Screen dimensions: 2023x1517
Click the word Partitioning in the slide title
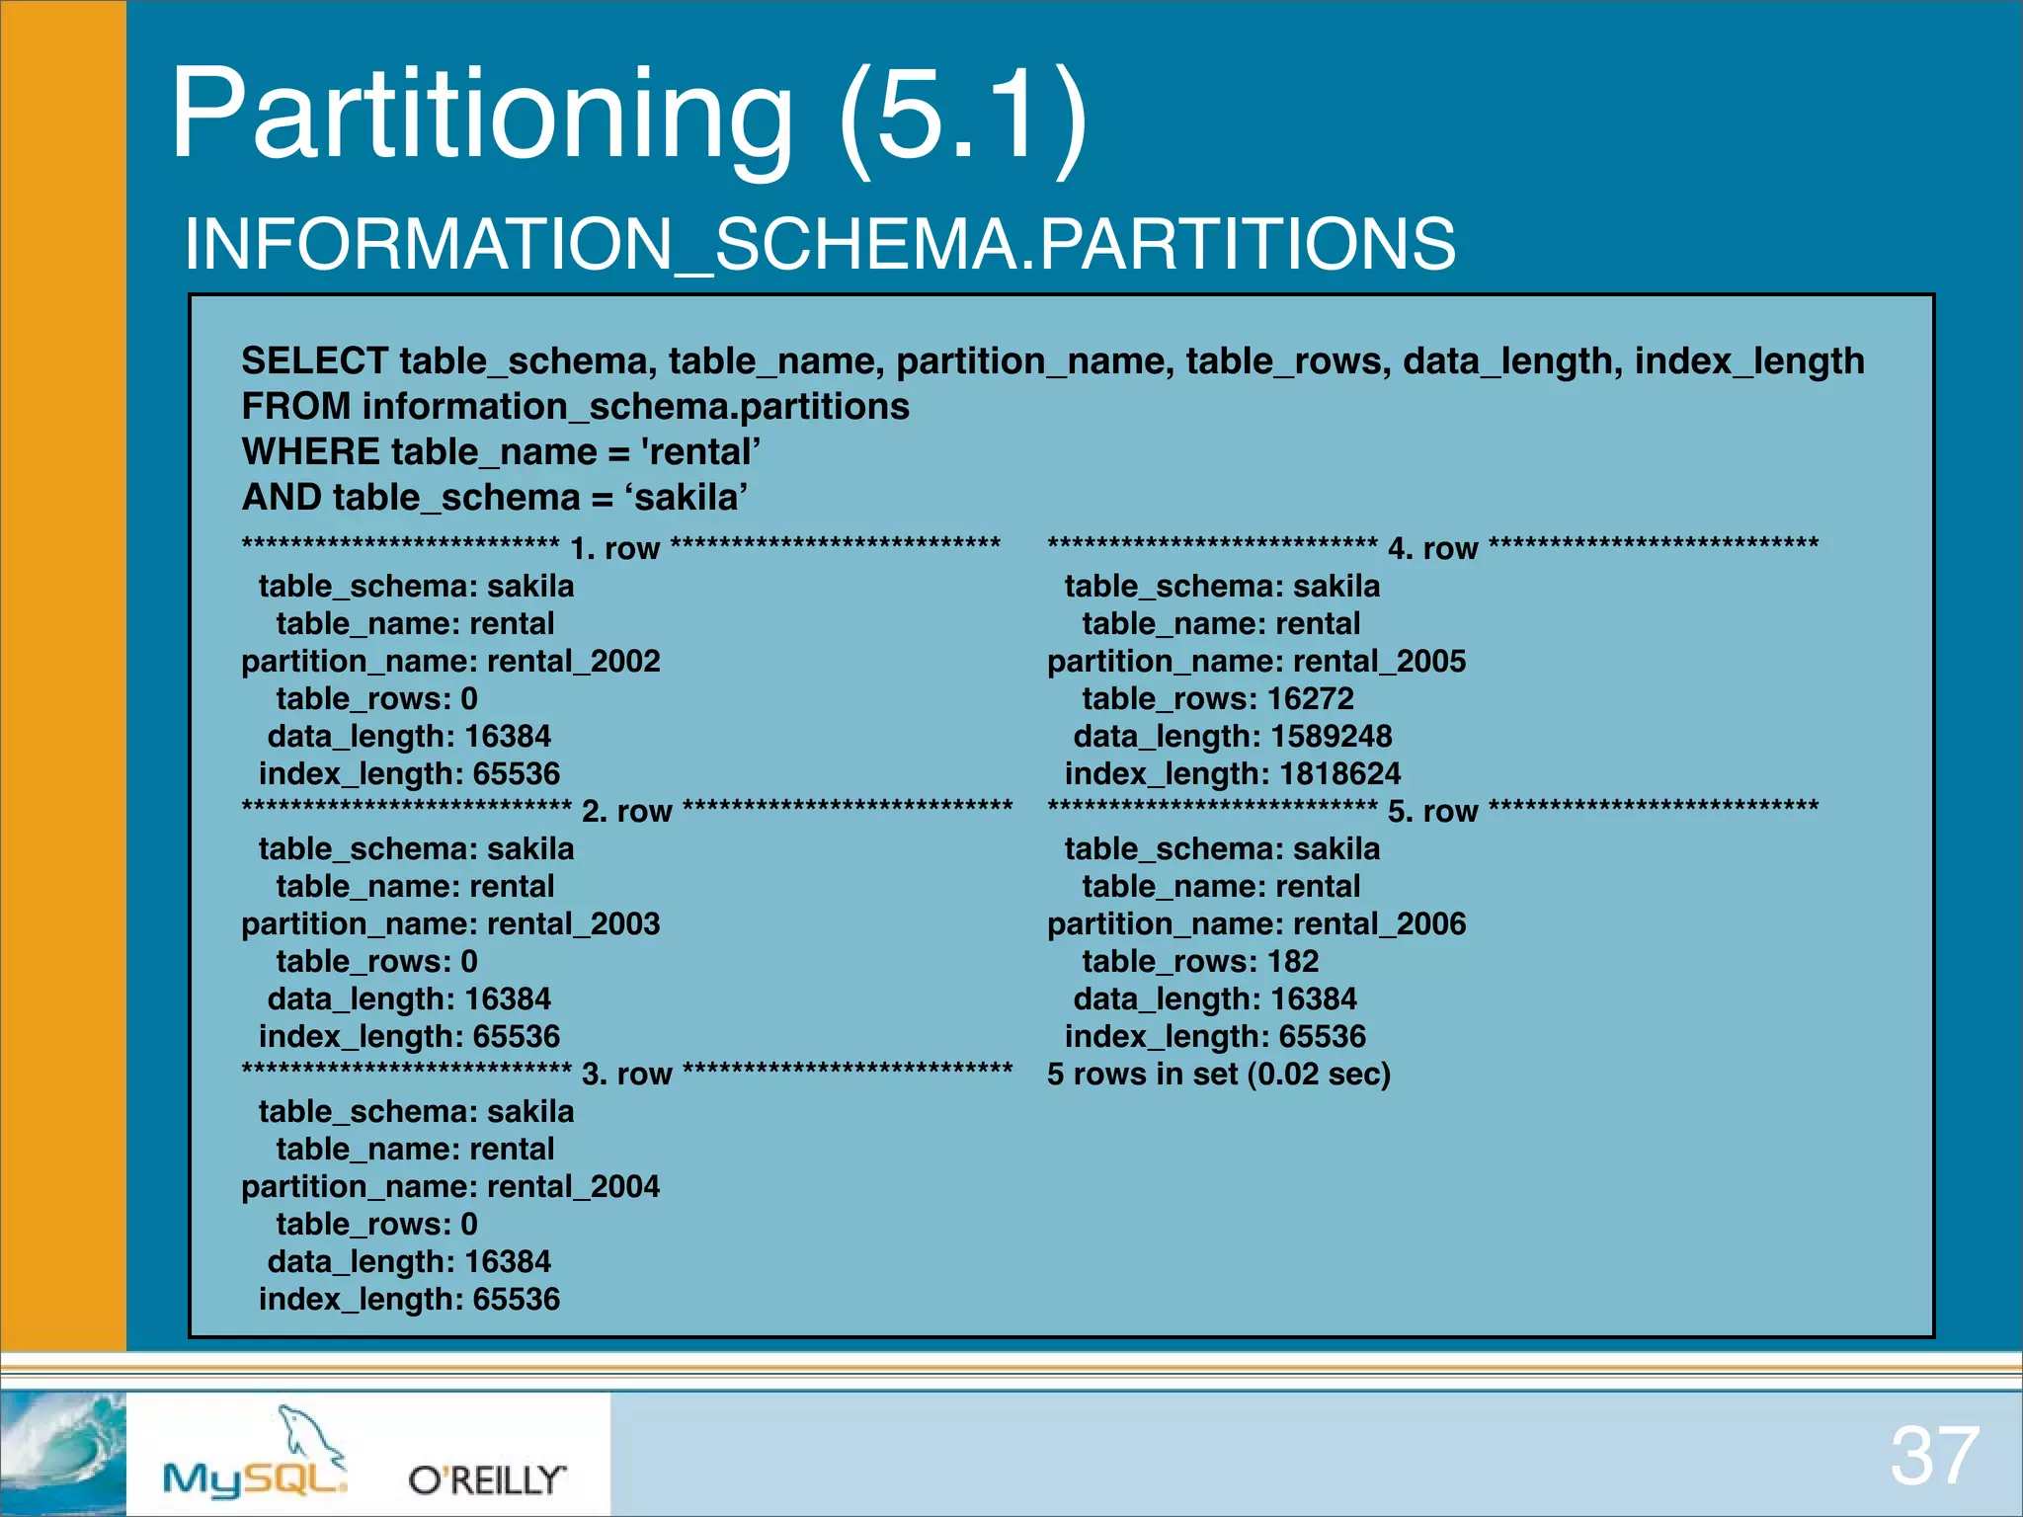482,117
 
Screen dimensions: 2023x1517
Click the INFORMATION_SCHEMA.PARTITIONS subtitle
820,244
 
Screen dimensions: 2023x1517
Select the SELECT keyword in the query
315,360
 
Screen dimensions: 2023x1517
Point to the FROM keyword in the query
296,406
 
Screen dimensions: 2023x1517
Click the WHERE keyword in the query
311,451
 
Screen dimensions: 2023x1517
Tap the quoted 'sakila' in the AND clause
686,497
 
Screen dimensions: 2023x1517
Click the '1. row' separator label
614,548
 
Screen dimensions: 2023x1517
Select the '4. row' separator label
1433,548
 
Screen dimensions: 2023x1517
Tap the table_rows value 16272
1311,698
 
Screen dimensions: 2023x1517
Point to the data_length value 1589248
1332,736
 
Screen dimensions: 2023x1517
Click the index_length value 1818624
1340,773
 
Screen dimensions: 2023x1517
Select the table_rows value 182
1293,961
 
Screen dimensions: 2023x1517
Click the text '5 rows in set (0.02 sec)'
1219,1074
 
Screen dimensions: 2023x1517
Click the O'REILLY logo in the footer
488,1479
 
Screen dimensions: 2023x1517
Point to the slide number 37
1935,1456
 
